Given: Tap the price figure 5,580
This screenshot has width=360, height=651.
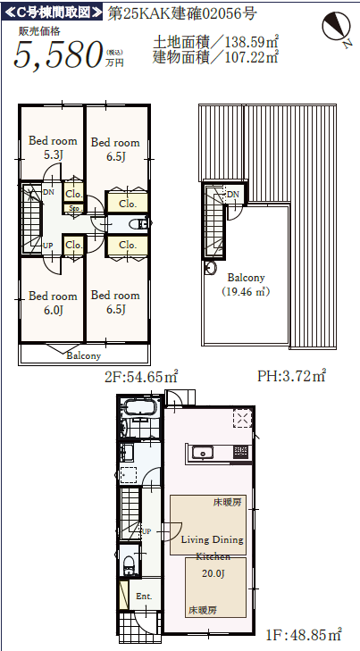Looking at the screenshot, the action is coord(59,54).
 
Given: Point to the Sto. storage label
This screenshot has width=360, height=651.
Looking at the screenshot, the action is coord(74,207).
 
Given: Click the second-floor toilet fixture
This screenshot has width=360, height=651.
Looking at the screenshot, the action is coord(138,224).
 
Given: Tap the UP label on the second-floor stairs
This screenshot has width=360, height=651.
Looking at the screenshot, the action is coord(48,246).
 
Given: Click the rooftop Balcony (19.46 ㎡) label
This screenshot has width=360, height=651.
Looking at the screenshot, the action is coord(247,284).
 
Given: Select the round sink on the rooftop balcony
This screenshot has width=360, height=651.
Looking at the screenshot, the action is coord(210,268).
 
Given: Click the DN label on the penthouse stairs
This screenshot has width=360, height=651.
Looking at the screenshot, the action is coord(233,195).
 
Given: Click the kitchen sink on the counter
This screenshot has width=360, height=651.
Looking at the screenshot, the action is coord(202,452).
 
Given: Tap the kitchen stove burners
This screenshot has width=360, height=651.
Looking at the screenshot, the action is coord(240,452).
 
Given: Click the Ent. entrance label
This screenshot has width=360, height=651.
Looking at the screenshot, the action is coord(144,597).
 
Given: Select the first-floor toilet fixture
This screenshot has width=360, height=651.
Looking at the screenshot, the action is coord(130,564).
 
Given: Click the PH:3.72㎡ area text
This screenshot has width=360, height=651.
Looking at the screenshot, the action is coord(291,376).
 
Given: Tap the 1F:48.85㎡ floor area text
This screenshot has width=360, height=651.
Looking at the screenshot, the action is coord(304,634).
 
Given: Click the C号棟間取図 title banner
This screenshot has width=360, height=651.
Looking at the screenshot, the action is coord(53,13).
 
